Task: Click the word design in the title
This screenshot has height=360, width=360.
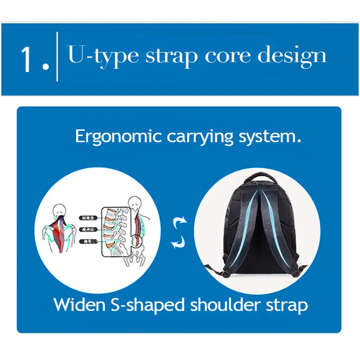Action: pyautogui.click(x=292, y=56)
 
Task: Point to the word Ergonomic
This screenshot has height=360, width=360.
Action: pyautogui.click(x=118, y=136)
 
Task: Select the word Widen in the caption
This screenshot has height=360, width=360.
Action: pyautogui.click(x=79, y=305)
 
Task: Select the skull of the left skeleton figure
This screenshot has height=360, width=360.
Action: pyautogui.click(x=58, y=210)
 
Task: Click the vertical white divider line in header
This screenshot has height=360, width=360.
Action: pyautogui.click(x=57, y=57)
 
